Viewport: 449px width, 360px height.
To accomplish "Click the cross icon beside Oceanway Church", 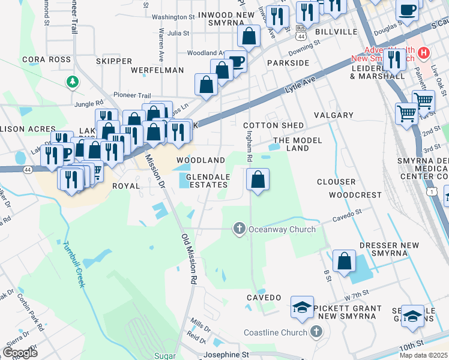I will [x=239, y=229].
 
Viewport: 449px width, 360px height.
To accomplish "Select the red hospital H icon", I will [x=424, y=53].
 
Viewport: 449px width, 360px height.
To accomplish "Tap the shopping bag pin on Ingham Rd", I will [x=258, y=179].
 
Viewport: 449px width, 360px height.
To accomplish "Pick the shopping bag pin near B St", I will [x=344, y=261].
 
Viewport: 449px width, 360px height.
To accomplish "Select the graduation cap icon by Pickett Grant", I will [x=302, y=308].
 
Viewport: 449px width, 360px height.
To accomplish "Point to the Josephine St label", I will [x=226, y=355].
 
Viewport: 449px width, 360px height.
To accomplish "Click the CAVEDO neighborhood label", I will [x=264, y=298].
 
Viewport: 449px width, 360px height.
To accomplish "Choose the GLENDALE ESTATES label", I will [x=208, y=181].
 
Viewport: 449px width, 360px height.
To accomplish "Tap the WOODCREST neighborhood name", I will [x=355, y=195].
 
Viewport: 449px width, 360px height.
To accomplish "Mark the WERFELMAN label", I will [x=156, y=70].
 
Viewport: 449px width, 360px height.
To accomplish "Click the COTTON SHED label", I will [x=269, y=125].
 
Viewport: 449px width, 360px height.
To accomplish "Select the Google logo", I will [x=20, y=352].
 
